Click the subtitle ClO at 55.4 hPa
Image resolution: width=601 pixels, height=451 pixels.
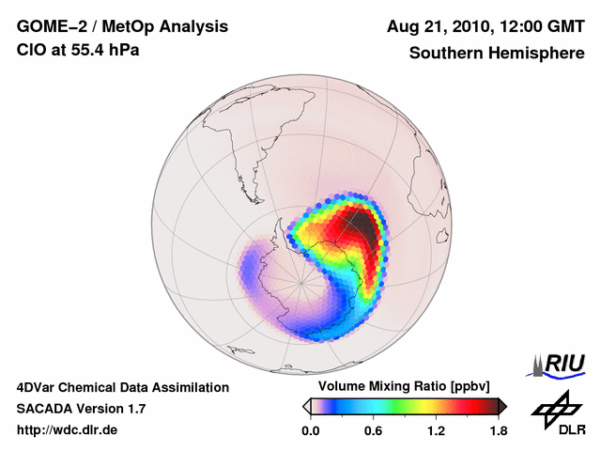(x=78, y=50)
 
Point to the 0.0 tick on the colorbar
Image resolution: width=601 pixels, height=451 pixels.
(x=310, y=430)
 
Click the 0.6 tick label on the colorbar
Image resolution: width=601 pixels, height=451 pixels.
(x=373, y=430)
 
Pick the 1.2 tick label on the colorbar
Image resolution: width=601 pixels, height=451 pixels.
(x=436, y=430)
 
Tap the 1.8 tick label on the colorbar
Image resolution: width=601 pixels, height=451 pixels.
(x=498, y=430)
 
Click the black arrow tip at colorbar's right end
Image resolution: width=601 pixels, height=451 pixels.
(x=502, y=406)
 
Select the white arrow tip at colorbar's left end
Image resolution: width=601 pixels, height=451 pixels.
(x=306, y=406)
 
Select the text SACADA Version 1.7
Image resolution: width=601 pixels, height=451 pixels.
(x=81, y=409)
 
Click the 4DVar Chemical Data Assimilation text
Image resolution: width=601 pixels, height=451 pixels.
(x=122, y=387)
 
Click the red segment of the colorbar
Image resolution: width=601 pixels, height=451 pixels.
(x=470, y=406)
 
